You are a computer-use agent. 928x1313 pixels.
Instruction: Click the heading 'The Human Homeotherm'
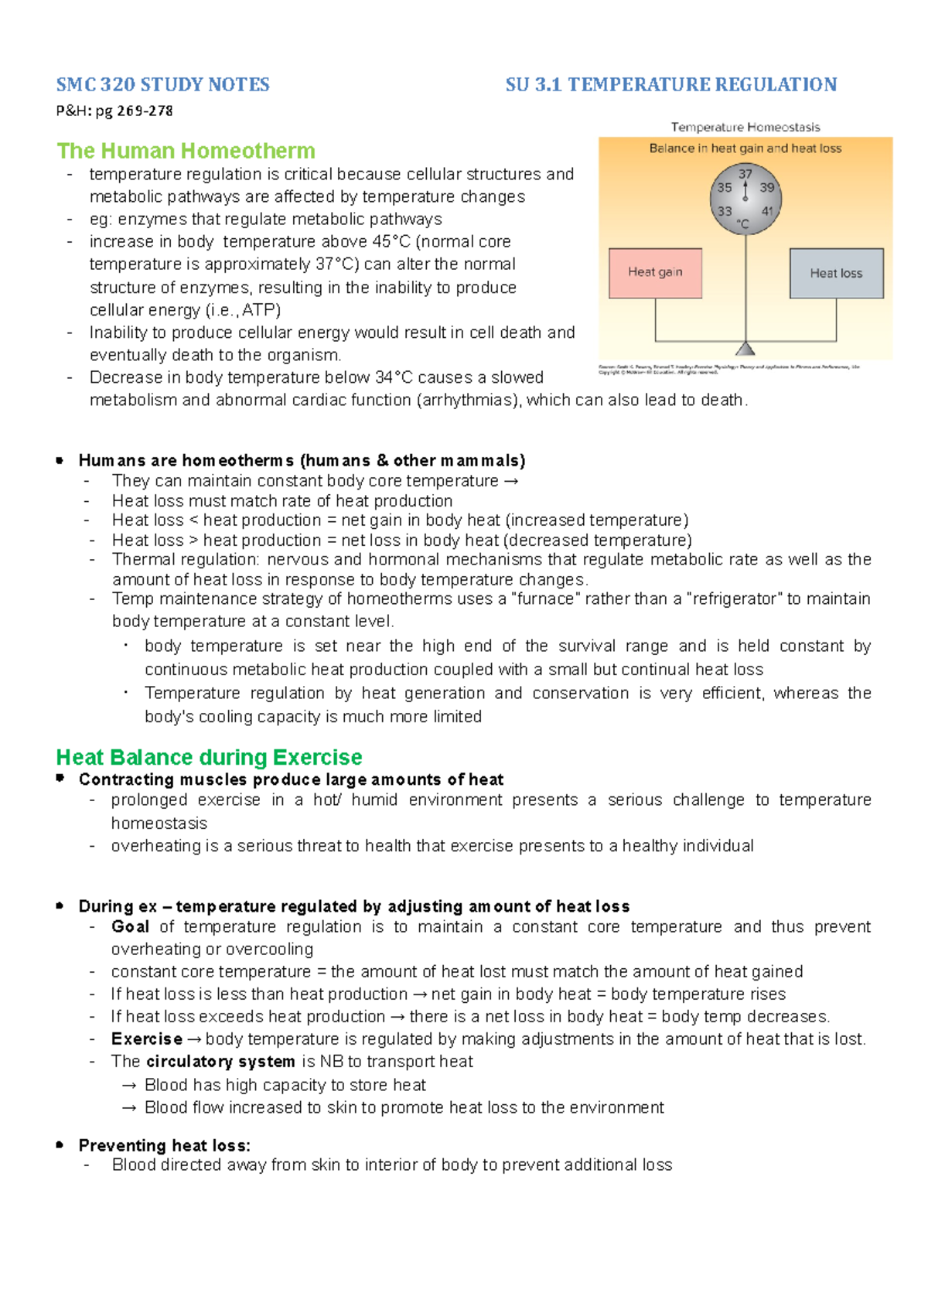(x=186, y=151)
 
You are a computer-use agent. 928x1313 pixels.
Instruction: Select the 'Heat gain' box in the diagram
(x=655, y=272)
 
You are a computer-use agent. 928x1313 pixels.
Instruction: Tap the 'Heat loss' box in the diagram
(x=836, y=273)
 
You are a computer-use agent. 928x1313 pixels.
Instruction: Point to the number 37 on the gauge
(x=745, y=174)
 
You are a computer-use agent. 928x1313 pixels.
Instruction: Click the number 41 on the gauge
(x=767, y=211)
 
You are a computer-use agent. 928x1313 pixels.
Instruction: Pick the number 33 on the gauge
(x=725, y=211)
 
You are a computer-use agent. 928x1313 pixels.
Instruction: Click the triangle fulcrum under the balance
(x=745, y=349)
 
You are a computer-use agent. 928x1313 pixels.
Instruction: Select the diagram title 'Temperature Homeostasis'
(x=745, y=127)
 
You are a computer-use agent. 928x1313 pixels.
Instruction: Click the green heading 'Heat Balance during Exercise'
(x=209, y=757)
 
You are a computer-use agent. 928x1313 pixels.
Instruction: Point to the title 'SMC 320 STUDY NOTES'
(x=162, y=84)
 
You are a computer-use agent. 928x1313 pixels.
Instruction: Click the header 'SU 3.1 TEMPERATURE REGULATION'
(x=670, y=84)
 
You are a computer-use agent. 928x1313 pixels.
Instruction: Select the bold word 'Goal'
(x=130, y=926)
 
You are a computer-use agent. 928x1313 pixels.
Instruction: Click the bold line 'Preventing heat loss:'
(x=164, y=1145)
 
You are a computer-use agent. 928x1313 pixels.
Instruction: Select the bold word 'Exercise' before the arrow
(x=146, y=1038)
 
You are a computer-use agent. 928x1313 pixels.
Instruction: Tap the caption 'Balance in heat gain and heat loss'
(x=745, y=148)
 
